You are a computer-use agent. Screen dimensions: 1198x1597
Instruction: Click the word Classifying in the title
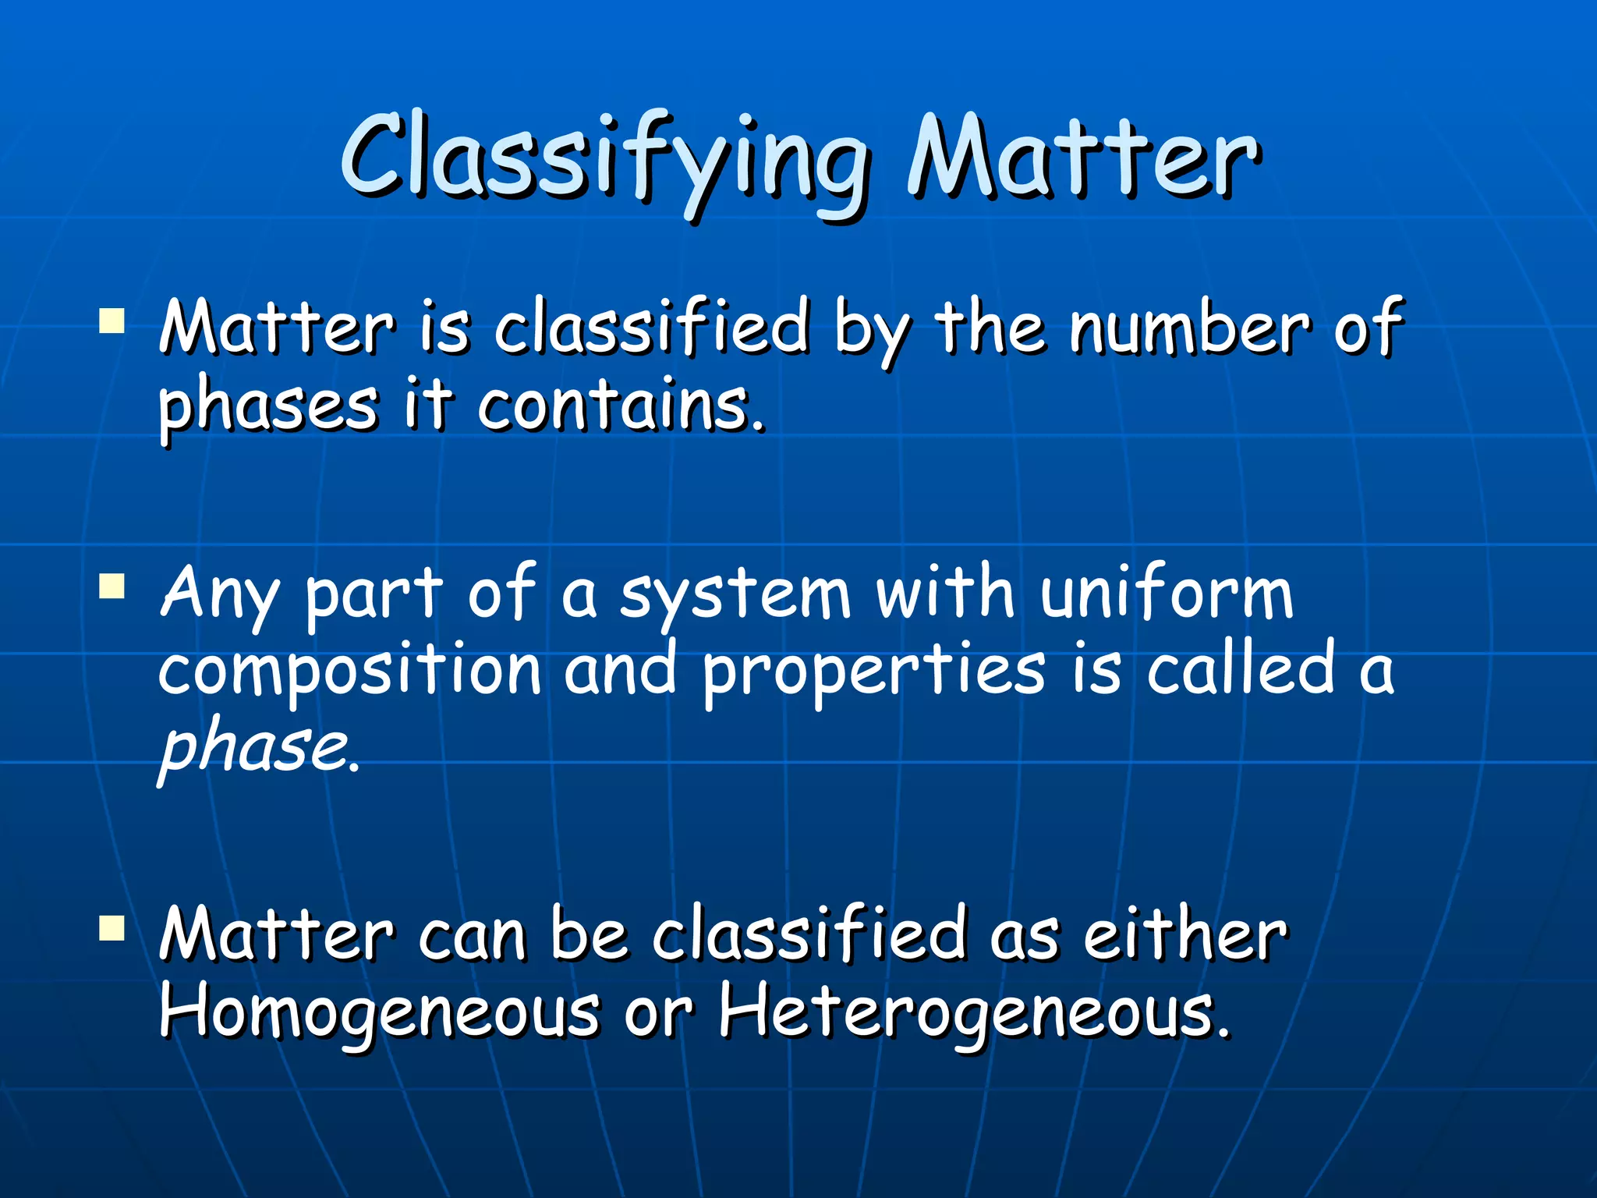[604, 160]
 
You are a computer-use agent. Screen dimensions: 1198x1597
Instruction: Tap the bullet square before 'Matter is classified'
[113, 321]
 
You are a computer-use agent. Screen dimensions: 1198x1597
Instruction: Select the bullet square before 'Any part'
[113, 585]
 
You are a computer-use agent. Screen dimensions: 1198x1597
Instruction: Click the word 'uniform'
[1167, 593]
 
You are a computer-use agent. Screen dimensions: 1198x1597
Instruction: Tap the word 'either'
[1185, 934]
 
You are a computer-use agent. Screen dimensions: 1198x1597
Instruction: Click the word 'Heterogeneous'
[971, 1012]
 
